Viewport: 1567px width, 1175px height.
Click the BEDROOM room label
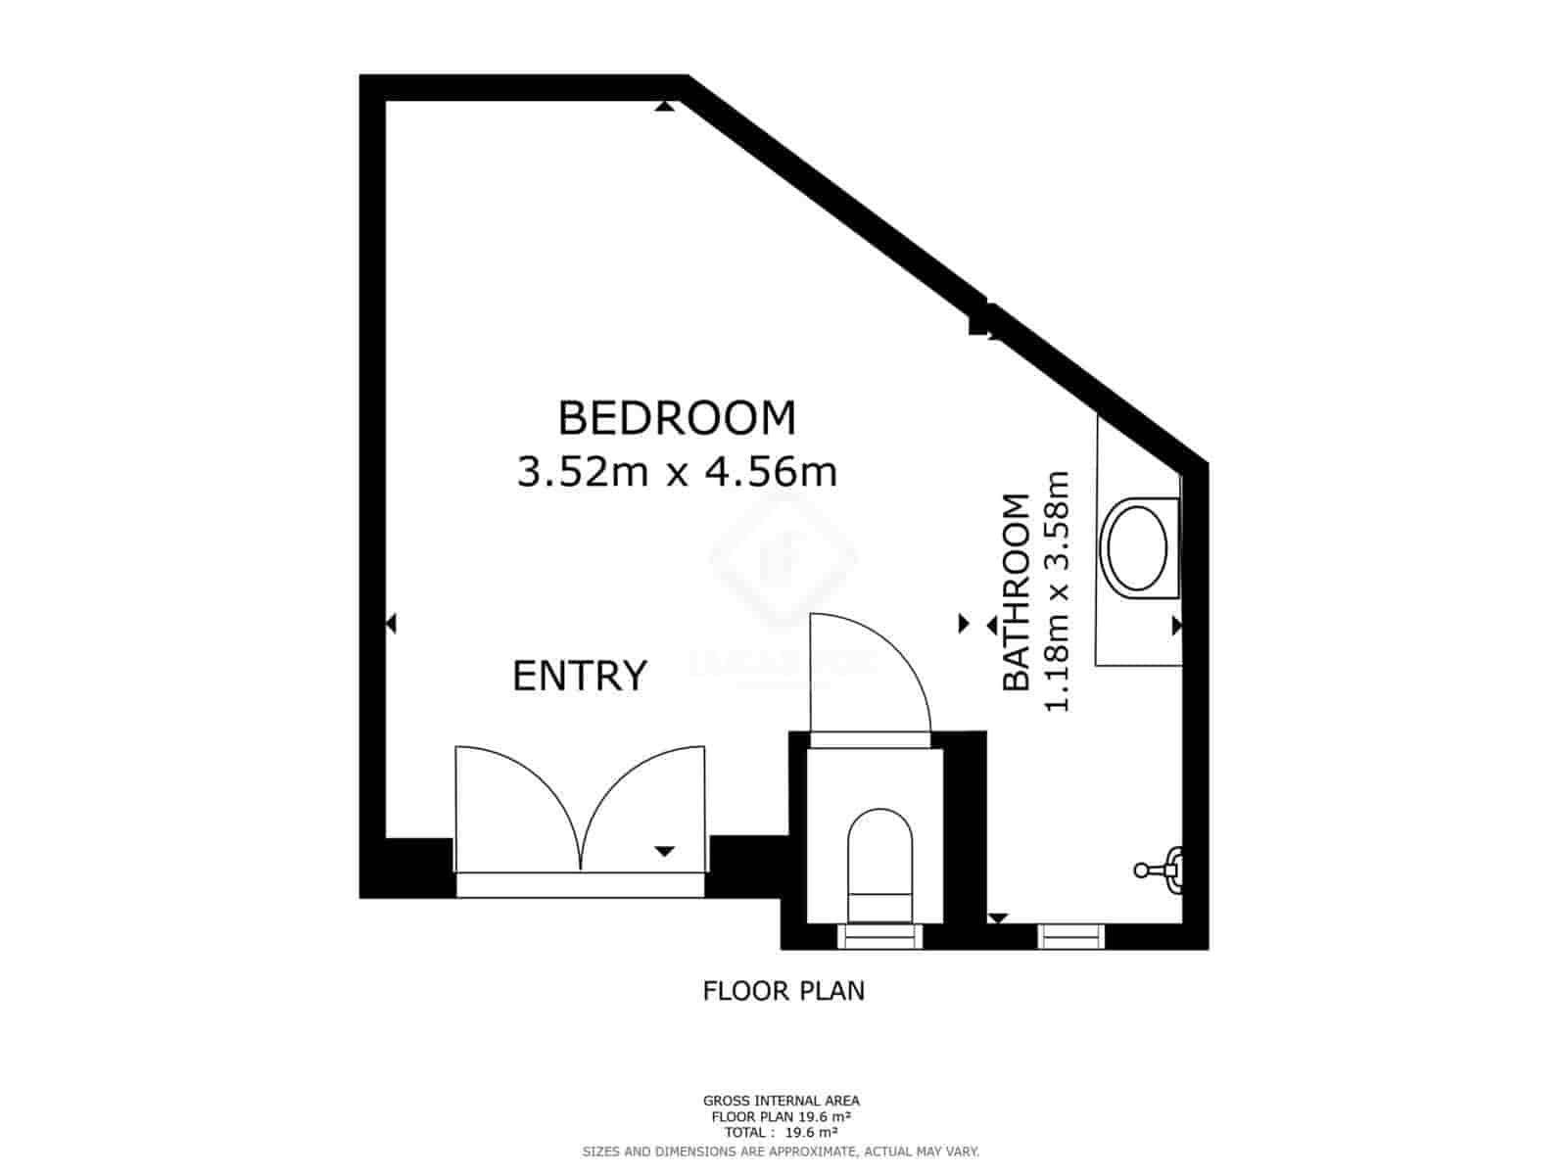pos(677,417)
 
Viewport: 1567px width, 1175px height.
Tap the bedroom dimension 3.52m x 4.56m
pos(677,473)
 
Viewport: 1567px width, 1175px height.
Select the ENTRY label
pos(580,676)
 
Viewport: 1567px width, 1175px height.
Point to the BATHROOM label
pos(1018,592)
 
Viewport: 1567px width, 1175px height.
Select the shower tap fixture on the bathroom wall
pos(1162,868)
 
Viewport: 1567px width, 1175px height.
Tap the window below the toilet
pos(879,937)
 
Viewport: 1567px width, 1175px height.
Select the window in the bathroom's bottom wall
pos(1071,937)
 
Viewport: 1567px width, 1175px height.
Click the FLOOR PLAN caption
pos(783,991)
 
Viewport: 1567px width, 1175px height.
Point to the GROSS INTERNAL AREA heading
pos(782,1101)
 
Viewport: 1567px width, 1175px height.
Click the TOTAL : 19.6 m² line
pos(782,1132)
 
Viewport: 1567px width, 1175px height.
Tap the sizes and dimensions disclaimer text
pos(782,1151)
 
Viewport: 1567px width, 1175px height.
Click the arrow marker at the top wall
pos(665,106)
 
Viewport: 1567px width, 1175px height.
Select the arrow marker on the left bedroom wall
pos(391,623)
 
